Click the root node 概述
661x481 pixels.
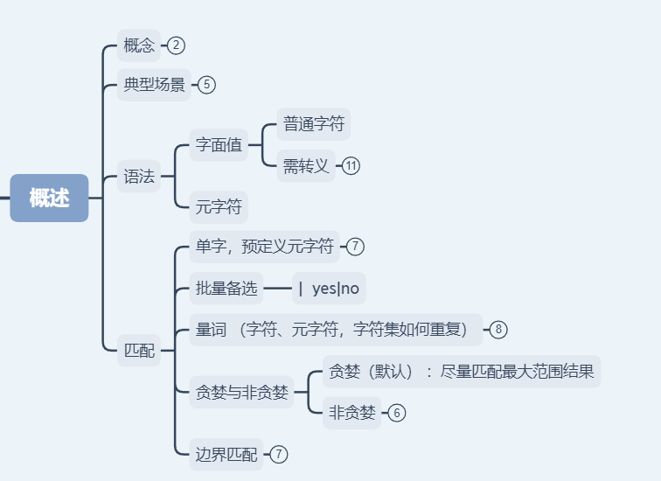coord(49,198)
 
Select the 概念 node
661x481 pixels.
coord(139,45)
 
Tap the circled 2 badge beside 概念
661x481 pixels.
coord(177,45)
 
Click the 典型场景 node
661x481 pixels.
coord(154,85)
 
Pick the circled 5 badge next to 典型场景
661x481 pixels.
coord(206,85)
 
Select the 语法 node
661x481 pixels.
coord(139,178)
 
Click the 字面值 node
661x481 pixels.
coord(219,145)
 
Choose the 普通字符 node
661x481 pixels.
coord(314,124)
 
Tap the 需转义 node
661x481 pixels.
coord(306,166)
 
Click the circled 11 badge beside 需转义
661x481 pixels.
coord(351,166)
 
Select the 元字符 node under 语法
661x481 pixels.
coord(219,207)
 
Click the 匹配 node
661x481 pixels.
coord(139,351)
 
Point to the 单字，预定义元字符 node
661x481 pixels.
coord(265,247)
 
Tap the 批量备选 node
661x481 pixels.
coord(226,288)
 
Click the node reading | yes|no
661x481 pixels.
coord(329,288)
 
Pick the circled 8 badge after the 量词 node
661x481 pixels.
coord(498,330)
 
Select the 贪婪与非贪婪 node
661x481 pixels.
coord(242,392)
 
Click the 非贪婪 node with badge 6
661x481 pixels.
coord(351,412)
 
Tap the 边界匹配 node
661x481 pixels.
coord(226,454)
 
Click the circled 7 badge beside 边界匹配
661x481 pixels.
coord(279,454)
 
